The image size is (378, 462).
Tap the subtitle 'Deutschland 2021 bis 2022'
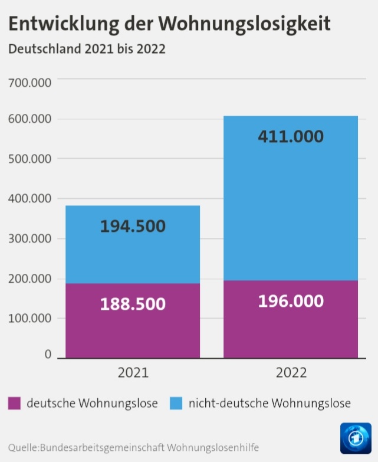86,49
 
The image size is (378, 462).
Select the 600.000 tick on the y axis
29,120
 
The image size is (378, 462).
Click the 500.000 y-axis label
29,159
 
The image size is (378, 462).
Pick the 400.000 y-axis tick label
29,199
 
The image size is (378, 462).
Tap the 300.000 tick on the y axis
29,239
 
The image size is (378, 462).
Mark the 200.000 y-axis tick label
29,278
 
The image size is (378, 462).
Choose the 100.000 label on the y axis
29,319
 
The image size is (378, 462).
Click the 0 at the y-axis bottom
48,355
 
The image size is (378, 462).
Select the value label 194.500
133,226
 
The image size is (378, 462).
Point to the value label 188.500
133,304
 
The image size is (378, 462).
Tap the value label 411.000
291,136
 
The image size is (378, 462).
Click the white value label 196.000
291,301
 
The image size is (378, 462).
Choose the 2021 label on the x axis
133,373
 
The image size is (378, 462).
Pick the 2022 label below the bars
291,373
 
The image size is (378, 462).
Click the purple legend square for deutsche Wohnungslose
14,404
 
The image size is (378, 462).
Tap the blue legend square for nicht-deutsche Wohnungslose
176,404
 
